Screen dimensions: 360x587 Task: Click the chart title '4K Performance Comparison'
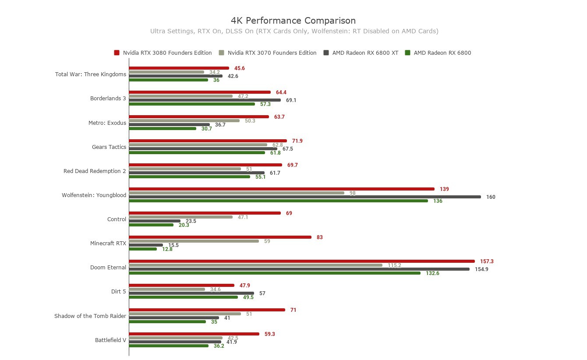point(293,21)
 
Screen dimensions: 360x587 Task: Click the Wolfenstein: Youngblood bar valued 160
point(304,197)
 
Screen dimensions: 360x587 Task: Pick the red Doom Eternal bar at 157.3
point(301,261)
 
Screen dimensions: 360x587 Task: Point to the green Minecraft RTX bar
point(143,249)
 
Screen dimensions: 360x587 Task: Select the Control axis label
point(117,219)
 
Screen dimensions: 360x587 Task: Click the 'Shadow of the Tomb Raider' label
point(90,316)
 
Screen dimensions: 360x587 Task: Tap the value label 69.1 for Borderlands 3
point(291,100)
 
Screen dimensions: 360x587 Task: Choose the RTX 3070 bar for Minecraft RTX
point(194,241)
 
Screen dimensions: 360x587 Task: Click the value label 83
point(319,237)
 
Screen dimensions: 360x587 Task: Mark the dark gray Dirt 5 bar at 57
point(191,293)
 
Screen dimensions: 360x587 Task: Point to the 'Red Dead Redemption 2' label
point(95,171)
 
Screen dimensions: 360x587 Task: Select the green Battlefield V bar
point(168,346)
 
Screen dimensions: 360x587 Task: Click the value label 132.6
point(432,273)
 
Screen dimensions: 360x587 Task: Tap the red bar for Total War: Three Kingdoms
point(179,68)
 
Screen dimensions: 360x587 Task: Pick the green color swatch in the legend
point(407,53)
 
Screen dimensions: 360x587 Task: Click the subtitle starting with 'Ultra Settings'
point(294,31)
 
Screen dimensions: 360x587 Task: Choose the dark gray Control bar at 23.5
point(155,221)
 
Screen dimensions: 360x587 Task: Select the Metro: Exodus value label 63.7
point(279,117)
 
